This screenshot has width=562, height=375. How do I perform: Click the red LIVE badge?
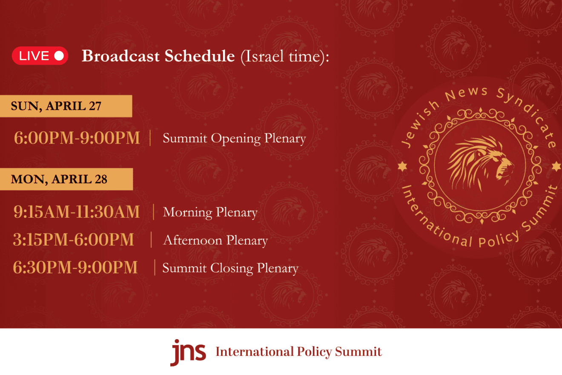pyautogui.click(x=40, y=56)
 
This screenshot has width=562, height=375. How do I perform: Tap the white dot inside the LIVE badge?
pyautogui.click(x=59, y=56)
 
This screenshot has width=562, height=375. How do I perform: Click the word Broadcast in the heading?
pyautogui.click(x=120, y=56)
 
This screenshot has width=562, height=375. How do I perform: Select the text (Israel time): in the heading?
pyautogui.click(x=285, y=56)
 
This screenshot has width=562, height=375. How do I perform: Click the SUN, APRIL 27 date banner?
pyautogui.click(x=66, y=106)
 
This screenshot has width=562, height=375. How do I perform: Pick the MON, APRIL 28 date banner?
pyautogui.click(x=66, y=179)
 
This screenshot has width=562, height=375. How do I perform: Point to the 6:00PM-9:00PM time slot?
pyautogui.click(x=77, y=138)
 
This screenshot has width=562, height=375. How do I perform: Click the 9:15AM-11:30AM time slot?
pyautogui.click(x=77, y=212)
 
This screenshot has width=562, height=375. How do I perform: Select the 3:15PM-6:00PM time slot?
pyautogui.click(x=73, y=239)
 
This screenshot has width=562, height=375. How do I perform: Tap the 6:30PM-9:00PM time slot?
pyautogui.click(x=75, y=267)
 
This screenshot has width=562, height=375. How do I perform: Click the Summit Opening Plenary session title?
pyautogui.click(x=234, y=138)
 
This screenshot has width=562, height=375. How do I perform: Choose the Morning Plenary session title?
pyautogui.click(x=210, y=213)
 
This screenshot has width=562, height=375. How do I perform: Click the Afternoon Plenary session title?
pyautogui.click(x=215, y=240)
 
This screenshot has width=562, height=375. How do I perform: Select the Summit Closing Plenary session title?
pyautogui.click(x=230, y=268)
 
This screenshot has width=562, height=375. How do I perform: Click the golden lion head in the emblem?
pyautogui.click(x=480, y=163)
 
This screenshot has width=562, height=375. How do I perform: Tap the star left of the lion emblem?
pyautogui.click(x=402, y=166)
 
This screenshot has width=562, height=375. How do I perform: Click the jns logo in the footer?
pyautogui.click(x=188, y=352)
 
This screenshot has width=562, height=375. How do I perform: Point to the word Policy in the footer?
pyautogui.click(x=314, y=352)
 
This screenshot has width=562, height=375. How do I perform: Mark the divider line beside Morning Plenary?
pyautogui.click(x=154, y=212)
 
